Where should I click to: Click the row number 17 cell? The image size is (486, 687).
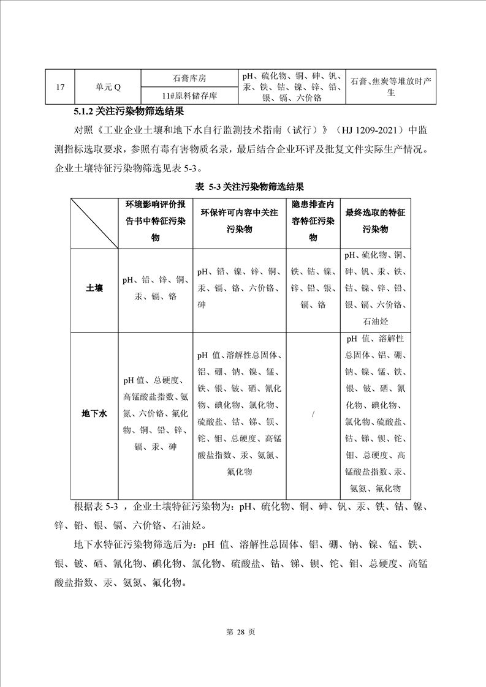tap(59, 86)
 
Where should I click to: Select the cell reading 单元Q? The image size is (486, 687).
tap(108, 86)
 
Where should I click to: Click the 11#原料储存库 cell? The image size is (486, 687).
tap(189, 96)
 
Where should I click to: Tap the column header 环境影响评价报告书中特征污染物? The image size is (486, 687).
tap(155, 221)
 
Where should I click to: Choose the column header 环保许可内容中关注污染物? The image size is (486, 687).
tap(239, 221)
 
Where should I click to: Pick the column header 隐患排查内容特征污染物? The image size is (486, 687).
tap(313, 221)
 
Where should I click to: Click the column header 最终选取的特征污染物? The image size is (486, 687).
tap(376, 221)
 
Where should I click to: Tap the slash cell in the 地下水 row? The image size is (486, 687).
tap(313, 415)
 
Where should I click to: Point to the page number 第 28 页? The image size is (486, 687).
tap(243, 633)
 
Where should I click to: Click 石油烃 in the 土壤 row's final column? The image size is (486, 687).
tap(376, 321)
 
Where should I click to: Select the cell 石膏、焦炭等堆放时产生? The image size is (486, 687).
tap(391, 87)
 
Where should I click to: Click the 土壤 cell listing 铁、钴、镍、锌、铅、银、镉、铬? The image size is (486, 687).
tap(313, 288)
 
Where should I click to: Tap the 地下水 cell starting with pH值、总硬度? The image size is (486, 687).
tap(155, 414)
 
